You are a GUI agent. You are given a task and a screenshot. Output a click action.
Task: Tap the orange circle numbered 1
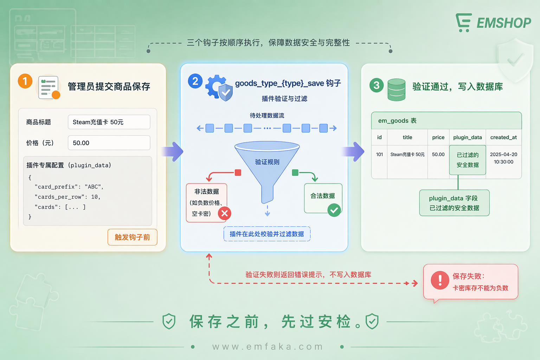[25, 81]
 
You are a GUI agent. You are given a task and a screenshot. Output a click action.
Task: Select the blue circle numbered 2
[195, 81]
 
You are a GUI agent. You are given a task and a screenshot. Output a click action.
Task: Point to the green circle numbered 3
[377, 85]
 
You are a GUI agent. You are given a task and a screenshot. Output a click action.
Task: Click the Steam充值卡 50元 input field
[109, 122]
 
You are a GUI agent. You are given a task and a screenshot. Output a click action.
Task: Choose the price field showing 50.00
[109, 143]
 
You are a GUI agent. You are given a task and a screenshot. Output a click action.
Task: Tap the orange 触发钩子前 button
[132, 237]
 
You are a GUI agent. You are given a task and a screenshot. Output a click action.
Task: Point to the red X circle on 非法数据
[225, 213]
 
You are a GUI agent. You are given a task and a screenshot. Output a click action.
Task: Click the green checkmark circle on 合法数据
[334, 210]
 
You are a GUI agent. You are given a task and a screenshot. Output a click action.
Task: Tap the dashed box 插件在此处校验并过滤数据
[267, 234]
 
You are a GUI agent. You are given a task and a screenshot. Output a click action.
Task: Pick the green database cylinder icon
[396, 90]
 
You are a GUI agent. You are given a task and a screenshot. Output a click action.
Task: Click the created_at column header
[503, 137]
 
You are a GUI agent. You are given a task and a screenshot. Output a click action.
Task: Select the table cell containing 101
[379, 155]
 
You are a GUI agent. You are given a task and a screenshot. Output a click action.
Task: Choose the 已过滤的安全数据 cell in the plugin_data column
[468, 160]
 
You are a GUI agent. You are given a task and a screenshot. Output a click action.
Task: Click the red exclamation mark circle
[440, 280]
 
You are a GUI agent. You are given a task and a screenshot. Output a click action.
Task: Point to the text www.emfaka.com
[268, 347]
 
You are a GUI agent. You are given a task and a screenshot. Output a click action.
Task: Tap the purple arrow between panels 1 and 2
[174, 152]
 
